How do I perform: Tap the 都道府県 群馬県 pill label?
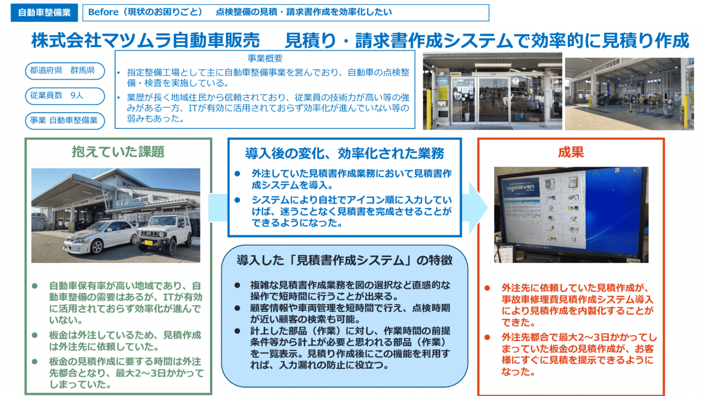click(x=64, y=71)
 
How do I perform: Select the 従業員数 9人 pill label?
click(x=64, y=96)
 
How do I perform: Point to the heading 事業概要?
click(x=265, y=58)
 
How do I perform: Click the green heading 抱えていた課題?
click(x=118, y=152)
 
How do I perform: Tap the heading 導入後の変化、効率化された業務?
click(x=345, y=152)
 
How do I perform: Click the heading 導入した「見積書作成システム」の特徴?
click(x=345, y=260)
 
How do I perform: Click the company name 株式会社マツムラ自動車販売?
click(x=145, y=41)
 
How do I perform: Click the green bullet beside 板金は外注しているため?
click(x=34, y=335)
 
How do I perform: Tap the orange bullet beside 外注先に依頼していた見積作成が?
click(x=487, y=288)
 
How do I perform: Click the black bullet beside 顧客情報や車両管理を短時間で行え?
click(x=237, y=309)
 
